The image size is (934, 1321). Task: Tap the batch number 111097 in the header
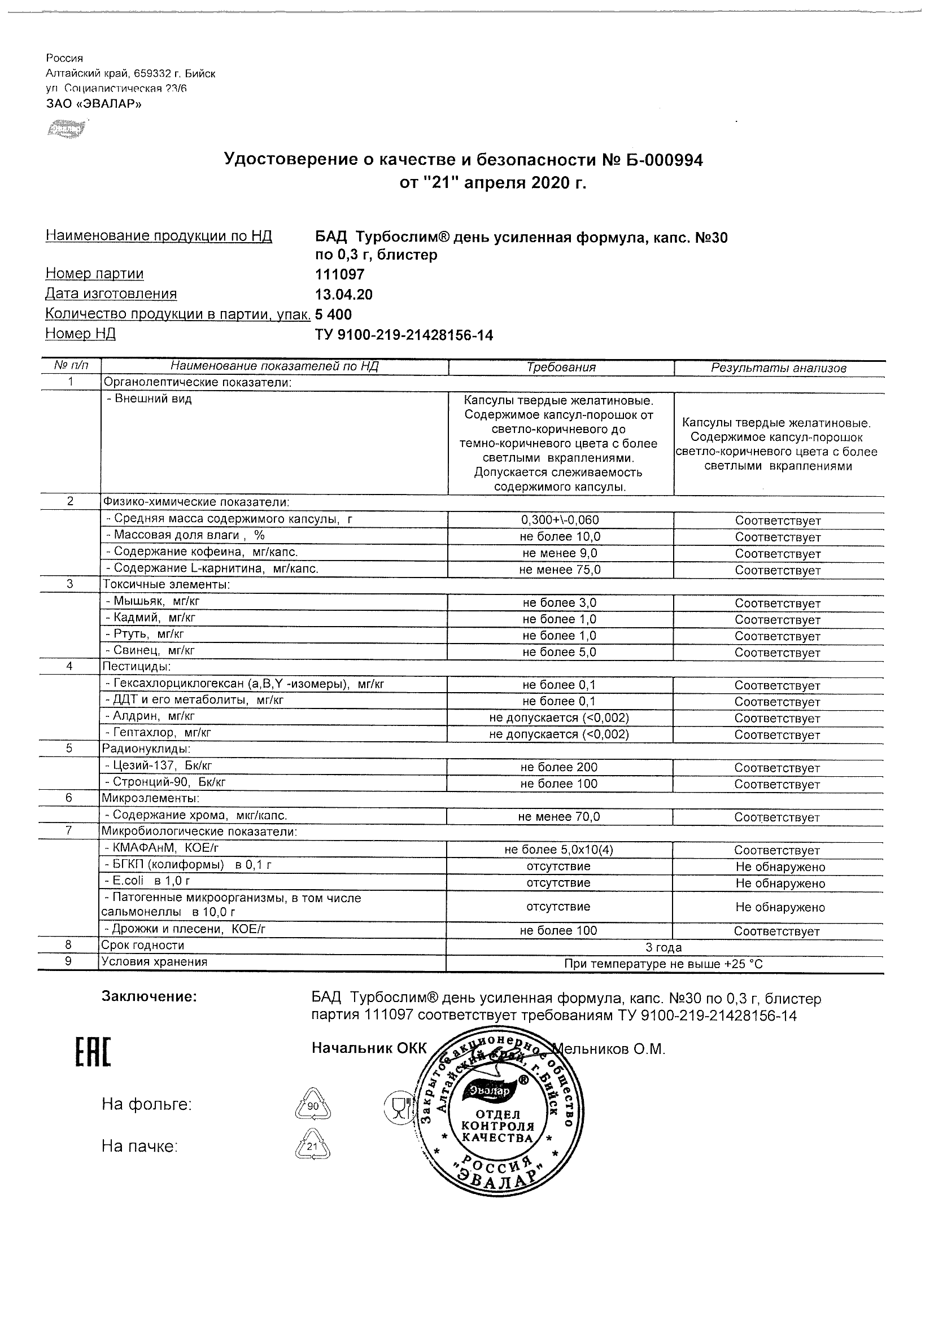(x=339, y=274)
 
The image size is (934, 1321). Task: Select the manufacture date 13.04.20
(x=343, y=295)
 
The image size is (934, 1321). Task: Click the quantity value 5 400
(x=333, y=314)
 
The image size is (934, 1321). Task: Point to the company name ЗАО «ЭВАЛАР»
(x=93, y=104)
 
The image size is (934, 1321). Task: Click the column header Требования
(x=561, y=367)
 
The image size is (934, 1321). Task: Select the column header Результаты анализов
(x=778, y=368)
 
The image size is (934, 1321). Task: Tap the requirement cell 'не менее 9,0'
(x=560, y=553)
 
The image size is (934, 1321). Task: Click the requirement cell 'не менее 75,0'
(x=560, y=570)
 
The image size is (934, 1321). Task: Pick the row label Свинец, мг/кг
(x=151, y=651)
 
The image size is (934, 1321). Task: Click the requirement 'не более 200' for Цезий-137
(x=560, y=768)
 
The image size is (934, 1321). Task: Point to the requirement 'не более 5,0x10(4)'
(x=560, y=850)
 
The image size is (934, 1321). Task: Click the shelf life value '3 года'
(x=664, y=948)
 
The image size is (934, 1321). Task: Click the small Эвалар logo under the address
(x=67, y=129)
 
